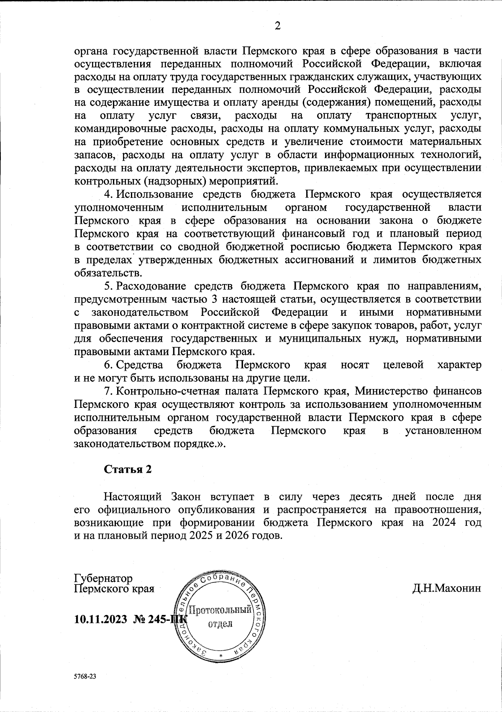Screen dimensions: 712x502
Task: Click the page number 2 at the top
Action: coord(277,26)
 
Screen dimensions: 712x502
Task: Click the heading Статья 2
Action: coord(128,469)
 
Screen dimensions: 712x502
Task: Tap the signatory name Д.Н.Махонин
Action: coord(446,589)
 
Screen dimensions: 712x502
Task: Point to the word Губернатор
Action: coord(103,578)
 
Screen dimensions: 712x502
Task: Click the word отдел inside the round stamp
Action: coord(220,624)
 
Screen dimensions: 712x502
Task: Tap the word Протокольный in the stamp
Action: coord(220,610)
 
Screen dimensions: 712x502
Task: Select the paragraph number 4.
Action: coord(107,194)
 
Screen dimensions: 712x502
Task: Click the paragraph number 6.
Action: coord(107,365)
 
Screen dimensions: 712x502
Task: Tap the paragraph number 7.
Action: coord(107,391)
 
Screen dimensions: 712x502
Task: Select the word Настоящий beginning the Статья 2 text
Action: coord(133,497)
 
